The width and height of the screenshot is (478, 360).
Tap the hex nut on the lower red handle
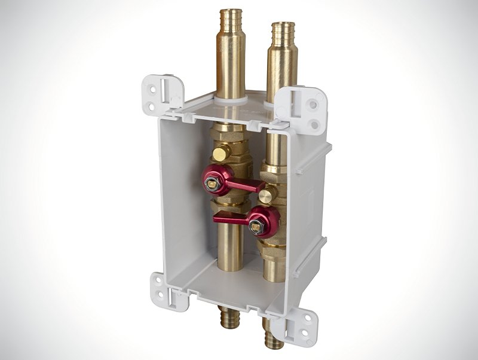(x=261, y=226)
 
